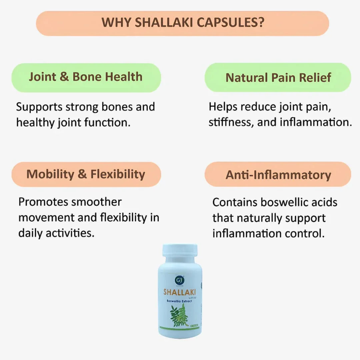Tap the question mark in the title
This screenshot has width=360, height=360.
261,23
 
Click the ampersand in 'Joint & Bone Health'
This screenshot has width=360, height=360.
64,77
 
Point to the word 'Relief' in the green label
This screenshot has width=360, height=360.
312,78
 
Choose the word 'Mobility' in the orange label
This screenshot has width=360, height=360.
50,174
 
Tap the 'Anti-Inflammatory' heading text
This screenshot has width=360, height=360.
278,175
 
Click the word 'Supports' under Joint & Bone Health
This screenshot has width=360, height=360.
39,107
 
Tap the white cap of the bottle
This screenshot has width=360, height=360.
180,250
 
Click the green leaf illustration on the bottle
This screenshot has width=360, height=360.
179,315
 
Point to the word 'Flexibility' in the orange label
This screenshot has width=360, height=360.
118,174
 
